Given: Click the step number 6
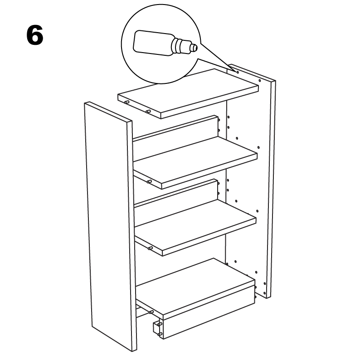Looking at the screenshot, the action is click(35, 35).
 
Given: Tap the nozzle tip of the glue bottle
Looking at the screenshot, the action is click(195, 48).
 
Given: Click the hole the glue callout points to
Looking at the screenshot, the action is click(238, 73).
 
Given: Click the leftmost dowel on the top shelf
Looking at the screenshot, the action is click(126, 102).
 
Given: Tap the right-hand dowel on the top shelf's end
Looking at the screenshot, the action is click(148, 112).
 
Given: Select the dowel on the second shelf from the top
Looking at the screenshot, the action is click(149, 182).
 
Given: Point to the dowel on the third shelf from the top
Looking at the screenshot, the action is click(150, 248).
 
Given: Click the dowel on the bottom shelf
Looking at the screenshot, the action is click(151, 312).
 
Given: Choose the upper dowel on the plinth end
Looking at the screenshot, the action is click(160, 324).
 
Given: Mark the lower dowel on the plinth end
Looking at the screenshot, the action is click(160, 334).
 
